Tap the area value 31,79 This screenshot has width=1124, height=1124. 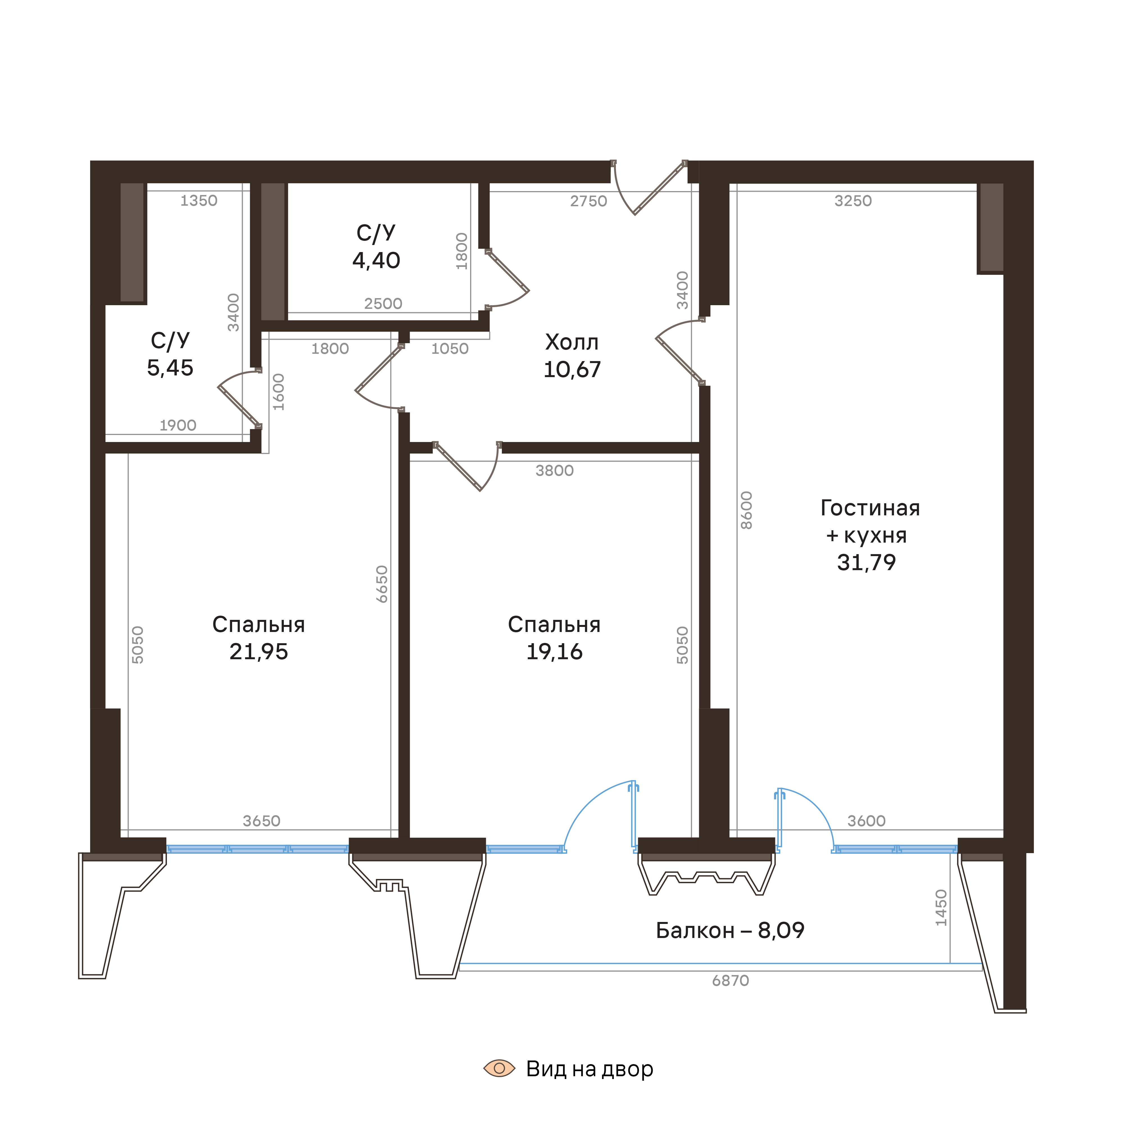coord(866,563)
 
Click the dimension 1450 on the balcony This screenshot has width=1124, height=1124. coord(941,908)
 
